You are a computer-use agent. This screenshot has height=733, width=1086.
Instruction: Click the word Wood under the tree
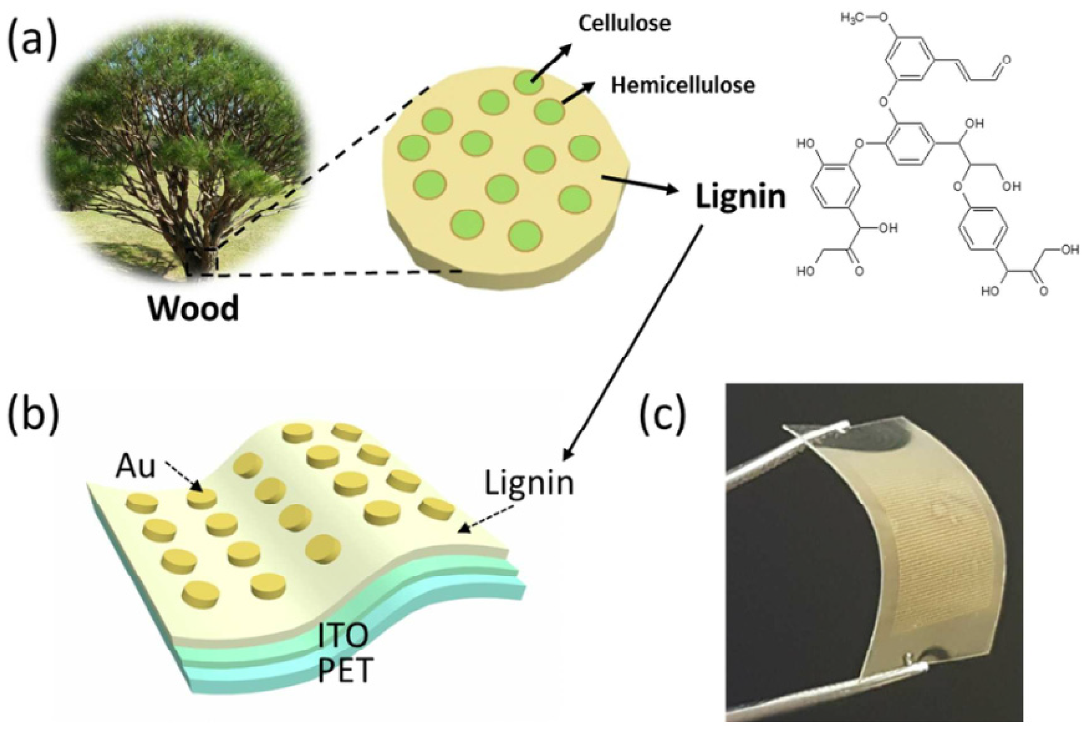click(x=193, y=308)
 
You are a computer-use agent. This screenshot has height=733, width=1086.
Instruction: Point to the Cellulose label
click(x=624, y=23)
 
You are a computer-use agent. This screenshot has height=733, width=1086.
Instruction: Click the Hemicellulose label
click(x=683, y=86)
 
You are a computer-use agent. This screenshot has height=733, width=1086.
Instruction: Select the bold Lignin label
click(x=741, y=197)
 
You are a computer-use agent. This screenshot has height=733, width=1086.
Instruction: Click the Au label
click(x=136, y=466)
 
